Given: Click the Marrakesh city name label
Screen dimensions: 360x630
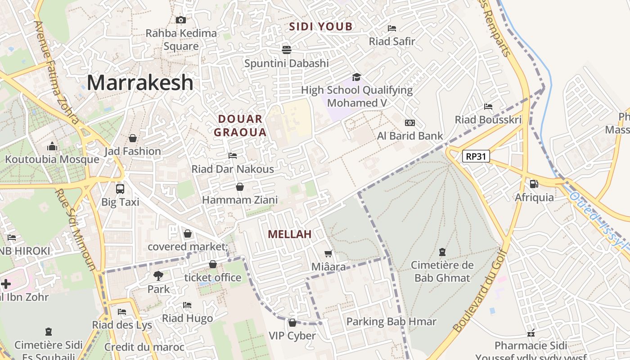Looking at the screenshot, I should click(140, 83).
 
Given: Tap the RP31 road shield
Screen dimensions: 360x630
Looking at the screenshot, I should click(476, 156).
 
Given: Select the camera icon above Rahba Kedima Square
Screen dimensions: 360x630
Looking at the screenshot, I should click(181, 20).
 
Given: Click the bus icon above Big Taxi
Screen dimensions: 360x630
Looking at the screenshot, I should click(120, 189).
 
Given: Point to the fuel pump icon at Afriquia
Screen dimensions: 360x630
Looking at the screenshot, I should click(534, 184).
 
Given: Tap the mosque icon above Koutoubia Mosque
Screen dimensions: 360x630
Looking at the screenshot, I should click(52, 146).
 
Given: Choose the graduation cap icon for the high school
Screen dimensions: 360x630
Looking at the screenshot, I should click(356, 77).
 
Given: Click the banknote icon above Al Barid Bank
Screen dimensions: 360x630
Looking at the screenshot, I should click(409, 123).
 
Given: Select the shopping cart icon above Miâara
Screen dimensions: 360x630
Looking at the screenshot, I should click(329, 254).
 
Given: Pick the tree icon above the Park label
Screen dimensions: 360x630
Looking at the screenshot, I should click(158, 275).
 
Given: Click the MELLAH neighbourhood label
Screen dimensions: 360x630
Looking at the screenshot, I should click(290, 234).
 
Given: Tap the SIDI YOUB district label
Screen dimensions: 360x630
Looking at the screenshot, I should click(321, 27).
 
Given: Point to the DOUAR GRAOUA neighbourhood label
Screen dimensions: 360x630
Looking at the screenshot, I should click(240, 126).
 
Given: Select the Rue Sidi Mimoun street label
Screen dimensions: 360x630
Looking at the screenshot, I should click(76, 229).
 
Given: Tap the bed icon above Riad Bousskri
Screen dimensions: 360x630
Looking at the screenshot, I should click(488, 107).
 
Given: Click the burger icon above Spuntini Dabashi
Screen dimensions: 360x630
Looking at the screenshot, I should click(287, 49).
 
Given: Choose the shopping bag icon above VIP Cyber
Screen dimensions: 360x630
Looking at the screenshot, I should click(292, 323).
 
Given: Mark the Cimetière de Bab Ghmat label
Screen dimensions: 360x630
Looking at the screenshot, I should click(442, 271).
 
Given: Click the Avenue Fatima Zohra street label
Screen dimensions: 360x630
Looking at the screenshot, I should click(57, 72).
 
